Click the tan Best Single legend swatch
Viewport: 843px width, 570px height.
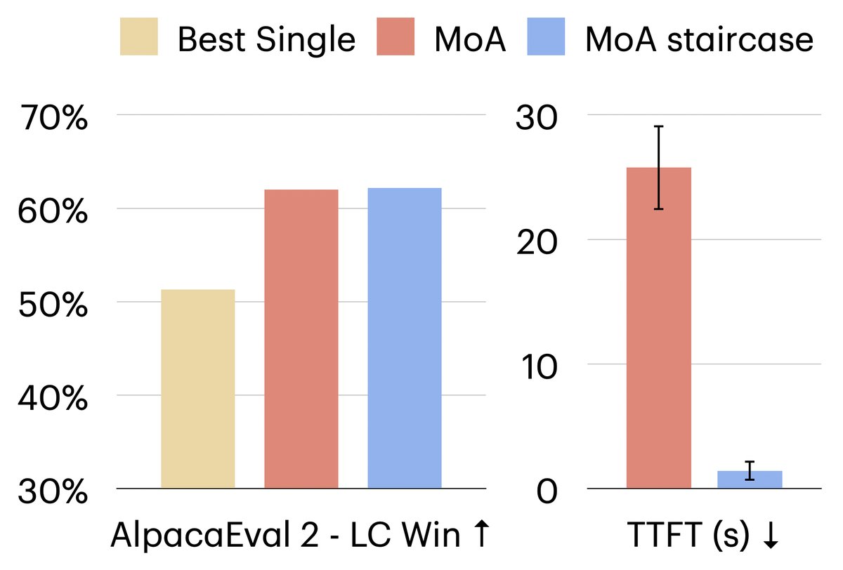139,38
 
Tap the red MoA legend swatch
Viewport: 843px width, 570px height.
396,38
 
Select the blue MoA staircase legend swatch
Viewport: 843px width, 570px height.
545,38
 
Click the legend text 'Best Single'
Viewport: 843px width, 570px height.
266,39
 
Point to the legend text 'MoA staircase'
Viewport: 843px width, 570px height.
699,39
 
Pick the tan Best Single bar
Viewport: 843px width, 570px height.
198,389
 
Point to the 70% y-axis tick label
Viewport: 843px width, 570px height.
53,117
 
